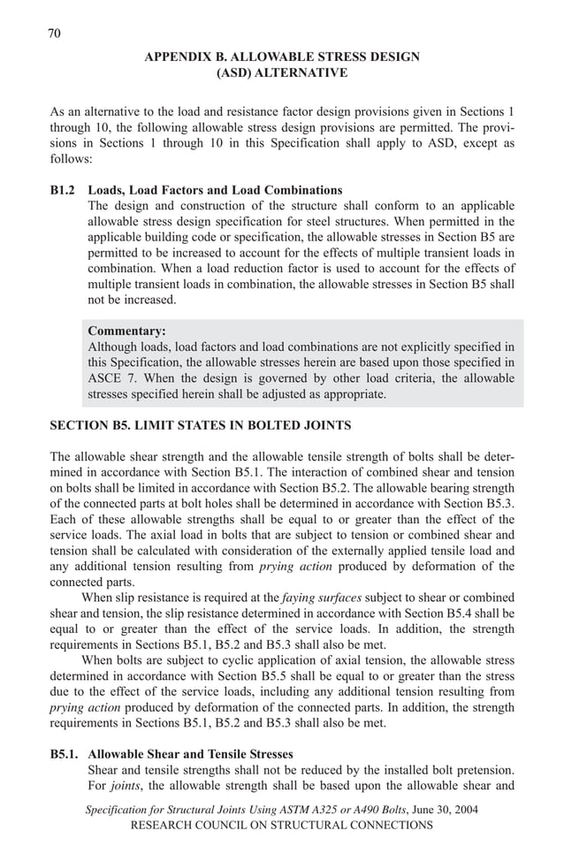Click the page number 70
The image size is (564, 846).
(x=53, y=34)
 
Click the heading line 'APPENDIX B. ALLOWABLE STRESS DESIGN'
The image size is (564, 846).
(x=282, y=57)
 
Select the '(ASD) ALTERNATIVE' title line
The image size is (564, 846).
(x=282, y=73)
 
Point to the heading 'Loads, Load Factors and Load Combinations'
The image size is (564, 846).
(x=215, y=190)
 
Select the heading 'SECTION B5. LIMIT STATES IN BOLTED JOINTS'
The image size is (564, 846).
(x=200, y=425)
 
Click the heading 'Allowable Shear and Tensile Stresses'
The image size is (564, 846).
(x=190, y=755)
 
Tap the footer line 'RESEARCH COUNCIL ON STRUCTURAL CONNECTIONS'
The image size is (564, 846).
(x=282, y=826)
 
